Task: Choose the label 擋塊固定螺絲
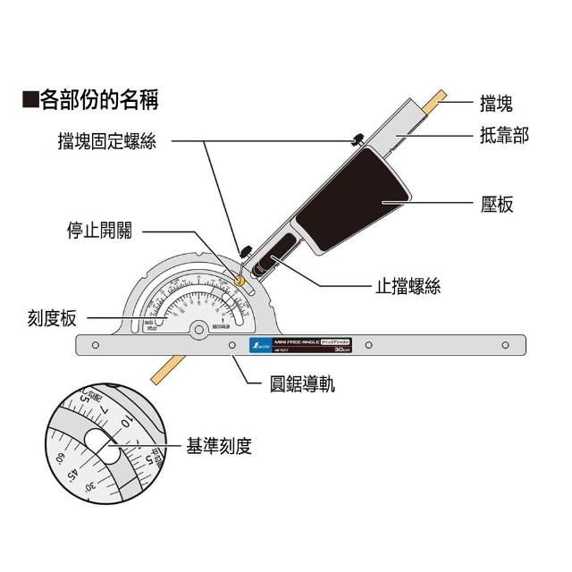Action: (x=106, y=140)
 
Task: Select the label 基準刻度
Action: (x=218, y=445)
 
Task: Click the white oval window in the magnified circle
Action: (x=106, y=447)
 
